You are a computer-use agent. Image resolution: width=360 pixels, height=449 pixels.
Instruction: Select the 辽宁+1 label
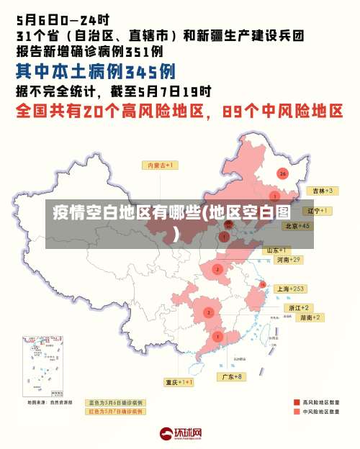click(318, 211)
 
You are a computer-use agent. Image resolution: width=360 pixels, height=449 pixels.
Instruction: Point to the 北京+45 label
click(297, 226)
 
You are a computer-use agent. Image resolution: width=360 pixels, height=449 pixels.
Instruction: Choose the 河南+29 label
click(288, 259)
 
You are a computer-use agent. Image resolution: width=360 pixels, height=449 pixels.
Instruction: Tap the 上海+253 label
click(291, 289)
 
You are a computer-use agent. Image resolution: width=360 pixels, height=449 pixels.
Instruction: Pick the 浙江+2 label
click(299, 307)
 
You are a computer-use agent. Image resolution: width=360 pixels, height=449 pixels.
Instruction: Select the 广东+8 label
click(231, 376)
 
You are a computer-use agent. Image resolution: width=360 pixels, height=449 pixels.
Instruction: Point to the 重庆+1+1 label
click(179, 382)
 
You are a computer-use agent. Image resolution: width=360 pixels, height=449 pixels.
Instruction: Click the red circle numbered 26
click(283, 173)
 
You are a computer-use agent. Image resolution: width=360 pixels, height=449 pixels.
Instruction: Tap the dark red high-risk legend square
click(297, 402)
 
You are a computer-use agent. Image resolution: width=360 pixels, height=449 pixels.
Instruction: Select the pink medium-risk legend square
click(297, 412)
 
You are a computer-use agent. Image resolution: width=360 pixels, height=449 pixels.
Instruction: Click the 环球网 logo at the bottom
click(180, 434)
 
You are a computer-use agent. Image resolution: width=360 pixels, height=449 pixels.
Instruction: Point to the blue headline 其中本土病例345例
click(96, 72)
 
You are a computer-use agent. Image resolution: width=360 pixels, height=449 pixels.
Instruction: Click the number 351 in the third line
click(136, 51)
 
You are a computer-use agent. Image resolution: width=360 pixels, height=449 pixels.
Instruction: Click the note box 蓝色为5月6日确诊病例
click(115, 402)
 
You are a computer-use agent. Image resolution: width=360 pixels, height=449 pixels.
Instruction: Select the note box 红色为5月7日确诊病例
click(115, 412)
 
